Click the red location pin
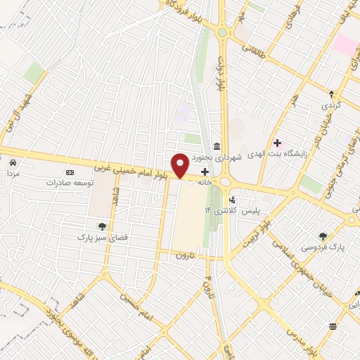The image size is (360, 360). tap(181, 165)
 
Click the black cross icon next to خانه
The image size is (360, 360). tap(205, 172)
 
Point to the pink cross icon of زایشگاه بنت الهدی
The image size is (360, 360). tap(277, 143)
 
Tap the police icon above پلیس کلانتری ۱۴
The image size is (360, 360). tap(232, 200)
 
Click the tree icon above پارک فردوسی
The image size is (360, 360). tap(323, 236)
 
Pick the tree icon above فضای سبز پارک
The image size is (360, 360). tap(103, 226)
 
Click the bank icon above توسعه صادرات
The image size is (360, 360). tap(70, 172)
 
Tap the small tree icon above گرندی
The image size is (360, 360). tap(333, 93)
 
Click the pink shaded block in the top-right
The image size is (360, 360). tap(345, 44)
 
